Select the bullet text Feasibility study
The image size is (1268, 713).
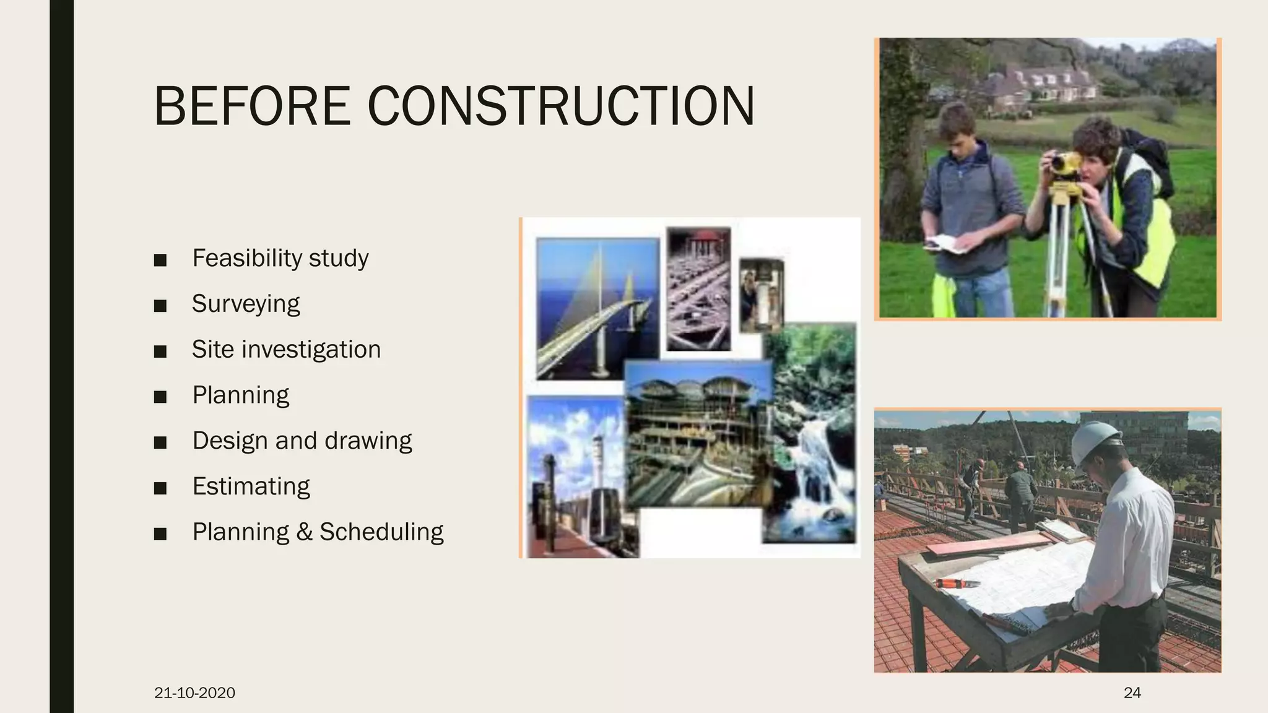point(280,258)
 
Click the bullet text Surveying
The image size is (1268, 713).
point(245,304)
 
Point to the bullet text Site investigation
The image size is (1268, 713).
point(285,350)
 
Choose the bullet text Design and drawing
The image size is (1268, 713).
point(302,441)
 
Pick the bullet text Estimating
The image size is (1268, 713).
point(251,486)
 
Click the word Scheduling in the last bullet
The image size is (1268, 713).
point(381,532)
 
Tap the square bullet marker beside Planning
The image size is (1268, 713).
point(160,397)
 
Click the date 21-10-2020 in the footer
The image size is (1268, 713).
point(194,693)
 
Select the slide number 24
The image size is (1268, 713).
point(1132,693)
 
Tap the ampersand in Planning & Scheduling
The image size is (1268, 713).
point(304,532)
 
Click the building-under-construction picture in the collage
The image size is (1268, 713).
point(698,433)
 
